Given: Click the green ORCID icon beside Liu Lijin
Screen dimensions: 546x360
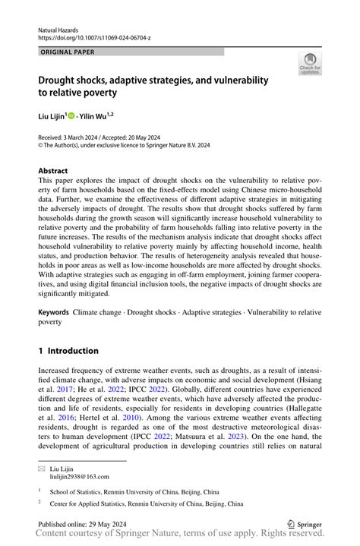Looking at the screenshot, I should (x=71, y=116).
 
